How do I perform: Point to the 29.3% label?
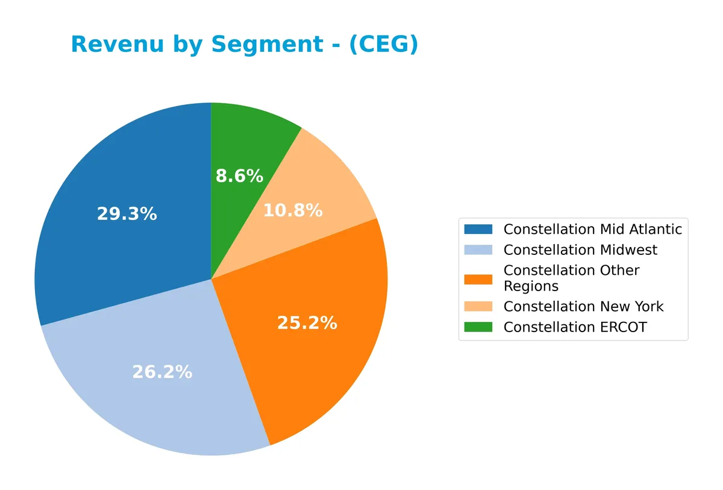(x=127, y=214)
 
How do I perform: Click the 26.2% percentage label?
(x=162, y=372)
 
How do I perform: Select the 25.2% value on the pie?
(x=307, y=323)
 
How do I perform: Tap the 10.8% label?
(x=293, y=211)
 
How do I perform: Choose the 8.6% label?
(x=239, y=176)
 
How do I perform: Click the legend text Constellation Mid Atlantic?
(x=592, y=229)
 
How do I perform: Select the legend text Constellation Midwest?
(x=580, y=250)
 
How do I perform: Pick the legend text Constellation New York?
(x=583, y=306)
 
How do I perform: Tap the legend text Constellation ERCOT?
(x=575, y=327)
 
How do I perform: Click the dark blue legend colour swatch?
(x=478, y=229)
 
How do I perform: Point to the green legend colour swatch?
(x=478, y=327)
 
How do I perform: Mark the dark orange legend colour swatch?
(x=478, y=278)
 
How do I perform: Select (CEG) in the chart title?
(x=384, y=45)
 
